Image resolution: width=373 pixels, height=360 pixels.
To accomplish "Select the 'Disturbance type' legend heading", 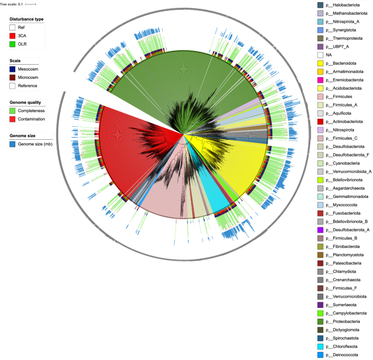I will pos(26,18).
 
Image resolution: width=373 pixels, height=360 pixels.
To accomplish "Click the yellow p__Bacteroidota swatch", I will pos(320,63).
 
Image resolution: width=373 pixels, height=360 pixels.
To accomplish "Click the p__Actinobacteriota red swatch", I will pos(320,121).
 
